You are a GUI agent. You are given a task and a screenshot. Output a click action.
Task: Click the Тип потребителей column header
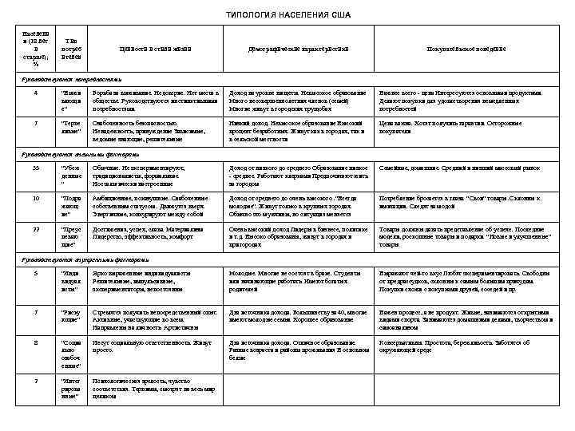[x=74, y=49]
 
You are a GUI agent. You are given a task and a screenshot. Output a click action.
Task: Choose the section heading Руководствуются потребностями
[x=71, y=80]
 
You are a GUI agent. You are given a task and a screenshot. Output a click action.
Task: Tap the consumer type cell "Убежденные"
[x=73, y=175]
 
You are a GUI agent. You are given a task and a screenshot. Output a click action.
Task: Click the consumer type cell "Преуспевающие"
[x=73, y=236]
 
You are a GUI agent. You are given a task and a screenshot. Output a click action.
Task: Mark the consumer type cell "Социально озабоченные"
[x=73, y=354]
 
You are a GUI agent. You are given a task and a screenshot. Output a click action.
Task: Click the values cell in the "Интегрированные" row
[x=157, y=387]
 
